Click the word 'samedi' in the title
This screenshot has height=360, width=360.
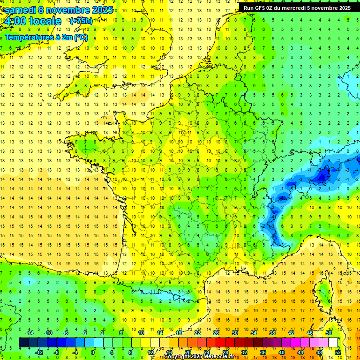(21, 10)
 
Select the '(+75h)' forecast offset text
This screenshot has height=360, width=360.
(81, 21)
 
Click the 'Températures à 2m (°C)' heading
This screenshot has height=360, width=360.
(46, 37)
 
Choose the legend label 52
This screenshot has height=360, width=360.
(338, 352)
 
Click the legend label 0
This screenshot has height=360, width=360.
(92, 352)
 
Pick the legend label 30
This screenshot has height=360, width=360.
(234, 333)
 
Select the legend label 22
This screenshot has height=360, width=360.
(197, 333)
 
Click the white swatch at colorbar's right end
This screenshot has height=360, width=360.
(333, 343)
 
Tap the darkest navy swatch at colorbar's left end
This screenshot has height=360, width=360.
(23, 343)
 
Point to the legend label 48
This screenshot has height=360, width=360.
(319, 352)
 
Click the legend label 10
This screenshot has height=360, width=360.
(141, 333)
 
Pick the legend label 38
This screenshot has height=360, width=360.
(272, 333)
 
